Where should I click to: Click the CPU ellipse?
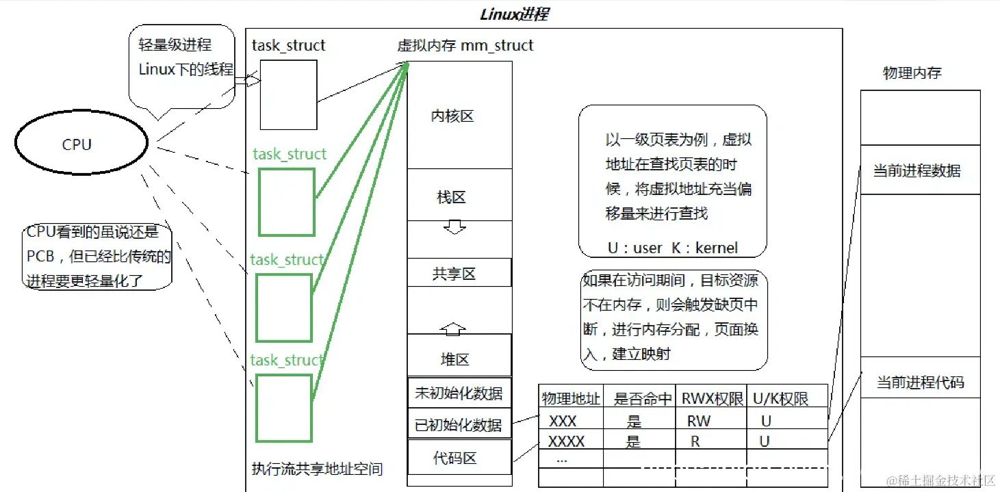[81, 144]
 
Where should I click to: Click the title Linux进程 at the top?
[514, 14]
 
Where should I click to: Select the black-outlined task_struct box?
[288, 94]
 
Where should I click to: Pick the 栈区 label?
[452, 198]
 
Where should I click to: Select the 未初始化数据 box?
[459, 393]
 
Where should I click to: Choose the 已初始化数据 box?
[459, 424]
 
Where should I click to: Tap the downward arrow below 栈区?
[454, 226]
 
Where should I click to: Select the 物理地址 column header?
[571, 398]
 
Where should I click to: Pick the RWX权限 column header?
[712, 398]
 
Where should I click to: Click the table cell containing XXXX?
[567, 442]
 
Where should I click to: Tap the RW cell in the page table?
[699, 422]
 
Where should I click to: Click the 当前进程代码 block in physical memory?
[920, 382]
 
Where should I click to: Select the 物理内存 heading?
[912, 73]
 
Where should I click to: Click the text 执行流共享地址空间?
[317, 469]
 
